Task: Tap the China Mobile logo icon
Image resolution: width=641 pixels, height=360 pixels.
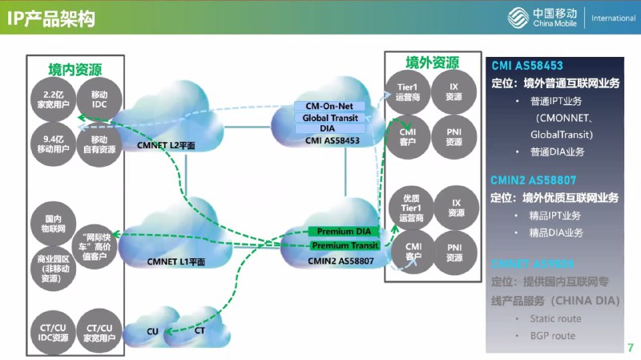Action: [518, 17]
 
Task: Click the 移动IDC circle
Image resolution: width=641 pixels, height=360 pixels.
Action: [99, 94]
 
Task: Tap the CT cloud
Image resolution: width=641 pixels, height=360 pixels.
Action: [200, 330]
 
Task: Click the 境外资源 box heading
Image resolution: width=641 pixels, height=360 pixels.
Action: [432, 63]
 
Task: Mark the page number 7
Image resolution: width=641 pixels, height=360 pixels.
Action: [630, 348]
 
